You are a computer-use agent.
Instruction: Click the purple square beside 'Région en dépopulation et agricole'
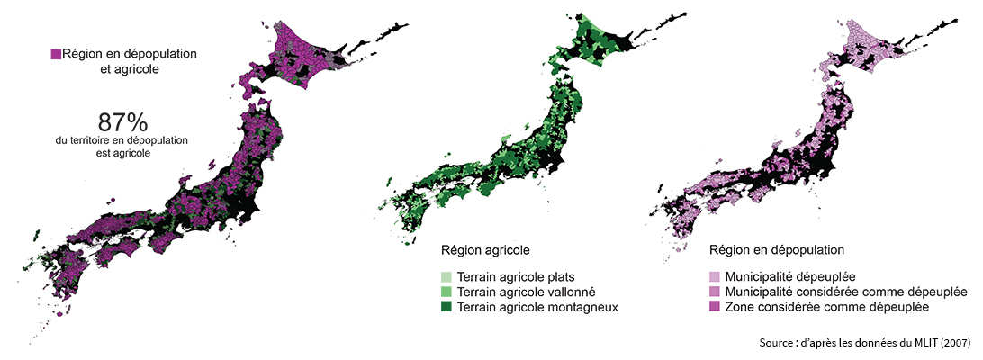pos(56,55)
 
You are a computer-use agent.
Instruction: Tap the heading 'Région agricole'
pos(484,248)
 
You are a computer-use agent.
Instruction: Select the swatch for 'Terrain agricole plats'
pos(446,276)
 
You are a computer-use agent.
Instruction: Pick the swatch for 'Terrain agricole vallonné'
pos(446,292)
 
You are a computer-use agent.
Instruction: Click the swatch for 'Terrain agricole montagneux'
pos(446,307)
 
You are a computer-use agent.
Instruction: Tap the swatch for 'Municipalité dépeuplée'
pos(715,276)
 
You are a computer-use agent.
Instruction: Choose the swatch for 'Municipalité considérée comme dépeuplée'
pos(715,292)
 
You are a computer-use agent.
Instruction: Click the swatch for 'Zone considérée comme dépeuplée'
pos(715,307)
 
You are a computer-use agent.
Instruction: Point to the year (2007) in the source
pos(955,342)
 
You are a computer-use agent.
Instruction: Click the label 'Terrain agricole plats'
pos(516,276)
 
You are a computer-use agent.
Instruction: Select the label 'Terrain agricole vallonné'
pos(527,292)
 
